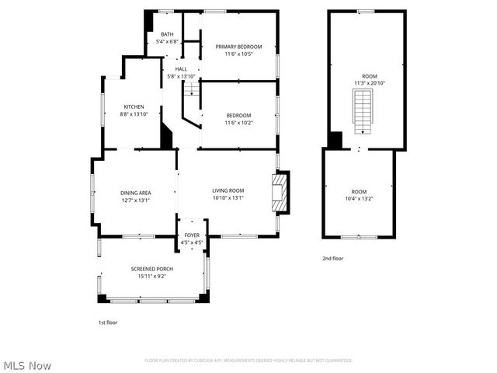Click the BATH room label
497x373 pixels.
(x=167, y=34)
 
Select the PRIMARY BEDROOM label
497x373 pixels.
(x=238, y=47)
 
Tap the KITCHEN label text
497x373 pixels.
(x=134, y=106)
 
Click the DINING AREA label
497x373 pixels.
(x=135, y=193)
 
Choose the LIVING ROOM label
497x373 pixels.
(x=228, y=190)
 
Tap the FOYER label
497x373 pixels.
(x=192, y=235)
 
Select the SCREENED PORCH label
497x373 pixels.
(x=152, y=269)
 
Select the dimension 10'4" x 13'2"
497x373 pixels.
(x=359, y=198)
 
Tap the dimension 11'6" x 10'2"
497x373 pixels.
(x=238, y=122)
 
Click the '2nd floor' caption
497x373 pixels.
(x=332, y=258)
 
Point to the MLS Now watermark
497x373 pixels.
(x=27, y=364)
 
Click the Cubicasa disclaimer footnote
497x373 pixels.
(x=248, y=361)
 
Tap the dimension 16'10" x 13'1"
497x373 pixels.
(x=228, y=197)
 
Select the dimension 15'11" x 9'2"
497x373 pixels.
(x=152, y=276)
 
